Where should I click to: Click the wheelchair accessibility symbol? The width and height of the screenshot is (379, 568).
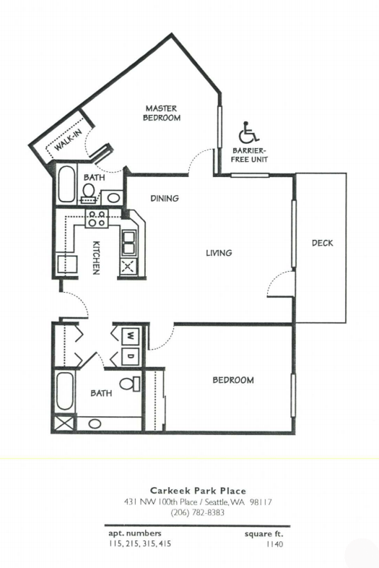click(x=248, y=132)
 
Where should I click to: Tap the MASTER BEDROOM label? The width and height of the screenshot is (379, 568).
click(x=162, y=113)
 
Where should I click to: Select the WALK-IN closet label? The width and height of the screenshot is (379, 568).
click(x=68, y=140)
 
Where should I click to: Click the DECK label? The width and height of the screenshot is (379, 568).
click(x=322, y=243)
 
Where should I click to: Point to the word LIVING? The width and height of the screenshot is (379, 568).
click(x=219, y=253)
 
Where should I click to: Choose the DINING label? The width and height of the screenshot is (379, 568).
click(x=165, y=198)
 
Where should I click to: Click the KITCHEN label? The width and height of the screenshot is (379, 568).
click(x=96, y=257)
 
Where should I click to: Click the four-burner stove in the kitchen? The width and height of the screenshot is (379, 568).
click(x=97, y=218)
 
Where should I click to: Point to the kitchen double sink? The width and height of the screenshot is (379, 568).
click(x=129, y=242)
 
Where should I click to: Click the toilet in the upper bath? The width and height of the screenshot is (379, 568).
click(x=89, y=192)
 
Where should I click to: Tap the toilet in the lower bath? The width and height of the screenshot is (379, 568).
click(x=130, y=384)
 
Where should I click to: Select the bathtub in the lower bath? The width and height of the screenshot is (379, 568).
click(x=65, y=391)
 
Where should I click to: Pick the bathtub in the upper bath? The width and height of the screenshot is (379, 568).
click(x=66, y=184)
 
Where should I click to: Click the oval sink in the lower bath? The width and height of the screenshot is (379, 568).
click(x=95, y=423)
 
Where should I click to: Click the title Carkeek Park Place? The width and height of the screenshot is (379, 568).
click(x=198, y=491)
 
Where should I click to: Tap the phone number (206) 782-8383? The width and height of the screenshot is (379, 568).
click(x=198, y=512)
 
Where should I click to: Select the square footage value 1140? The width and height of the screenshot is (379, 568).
click(x=275, y=543)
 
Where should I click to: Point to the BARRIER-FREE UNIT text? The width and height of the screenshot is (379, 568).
click(x=249, y=155)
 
